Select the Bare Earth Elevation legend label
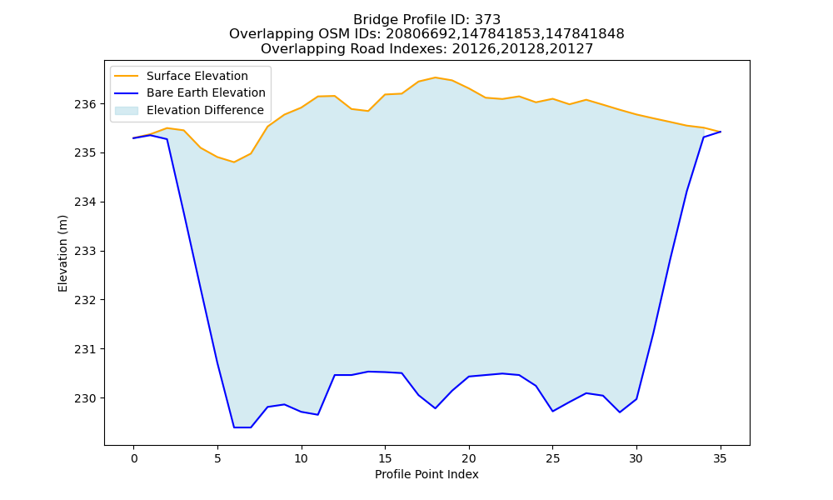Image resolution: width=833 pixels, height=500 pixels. point(206,92)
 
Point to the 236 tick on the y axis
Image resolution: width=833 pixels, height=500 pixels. point(85,104)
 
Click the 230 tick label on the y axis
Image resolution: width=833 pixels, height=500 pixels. point(85,398)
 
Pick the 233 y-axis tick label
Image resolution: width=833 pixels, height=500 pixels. point(85,252)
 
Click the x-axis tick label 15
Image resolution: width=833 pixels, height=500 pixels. point(385,458)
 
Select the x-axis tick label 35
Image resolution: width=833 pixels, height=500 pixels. point(720,458)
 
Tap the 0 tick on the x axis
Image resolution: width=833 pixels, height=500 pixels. point(134,458)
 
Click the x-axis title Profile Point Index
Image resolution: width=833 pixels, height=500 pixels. point(426,474)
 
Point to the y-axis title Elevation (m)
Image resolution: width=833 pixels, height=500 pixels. point(63,253)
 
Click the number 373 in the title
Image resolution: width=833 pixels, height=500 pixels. point(487,20)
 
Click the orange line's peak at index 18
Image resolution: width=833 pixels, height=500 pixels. point(435,77)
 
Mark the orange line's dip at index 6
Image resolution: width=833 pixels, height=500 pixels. point(234,162)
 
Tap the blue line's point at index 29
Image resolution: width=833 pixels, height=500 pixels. point(620,412)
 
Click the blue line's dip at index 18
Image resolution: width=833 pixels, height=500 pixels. point(435,408)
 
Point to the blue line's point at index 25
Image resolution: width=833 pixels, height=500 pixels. point(552,412)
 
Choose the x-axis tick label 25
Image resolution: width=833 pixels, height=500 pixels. point(552,458)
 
